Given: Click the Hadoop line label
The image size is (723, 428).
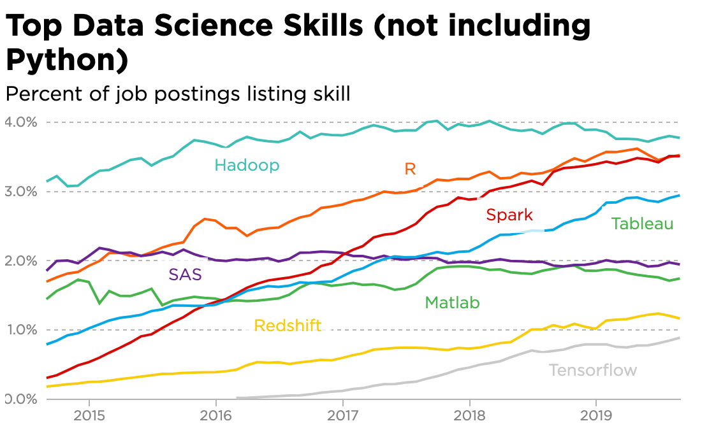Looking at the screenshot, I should coord(247,166).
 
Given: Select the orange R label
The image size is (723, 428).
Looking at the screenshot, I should coord(410,169).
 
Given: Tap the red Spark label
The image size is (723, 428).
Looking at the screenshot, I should coord(509,215).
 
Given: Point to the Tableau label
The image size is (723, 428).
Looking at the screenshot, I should coord(642,224).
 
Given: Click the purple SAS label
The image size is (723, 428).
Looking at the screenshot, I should coord(185,275).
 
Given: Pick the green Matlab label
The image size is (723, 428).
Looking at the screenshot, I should coord(452,303).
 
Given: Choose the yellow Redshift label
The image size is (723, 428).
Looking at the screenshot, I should coord(288,326).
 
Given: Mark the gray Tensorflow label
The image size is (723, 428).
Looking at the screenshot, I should coord(592,370).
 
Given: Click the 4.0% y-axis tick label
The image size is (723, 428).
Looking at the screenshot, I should coord(21,122).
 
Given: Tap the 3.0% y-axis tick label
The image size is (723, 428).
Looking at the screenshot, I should coord(21,191).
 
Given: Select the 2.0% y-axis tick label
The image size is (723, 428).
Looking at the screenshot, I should coord(21,260).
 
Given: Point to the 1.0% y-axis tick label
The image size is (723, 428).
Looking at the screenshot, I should coord(21,330).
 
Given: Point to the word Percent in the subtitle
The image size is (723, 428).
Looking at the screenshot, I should coord(39,94).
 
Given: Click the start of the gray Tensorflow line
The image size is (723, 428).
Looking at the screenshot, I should coord(237,397).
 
